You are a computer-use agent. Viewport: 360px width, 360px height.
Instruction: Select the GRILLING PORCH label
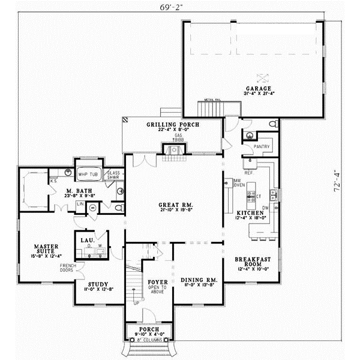click(x=172, y=124)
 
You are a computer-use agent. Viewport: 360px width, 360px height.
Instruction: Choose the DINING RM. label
click(x=198, y=280)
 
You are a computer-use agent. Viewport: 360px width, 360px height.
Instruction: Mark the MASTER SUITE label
click(x=37, y=248)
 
